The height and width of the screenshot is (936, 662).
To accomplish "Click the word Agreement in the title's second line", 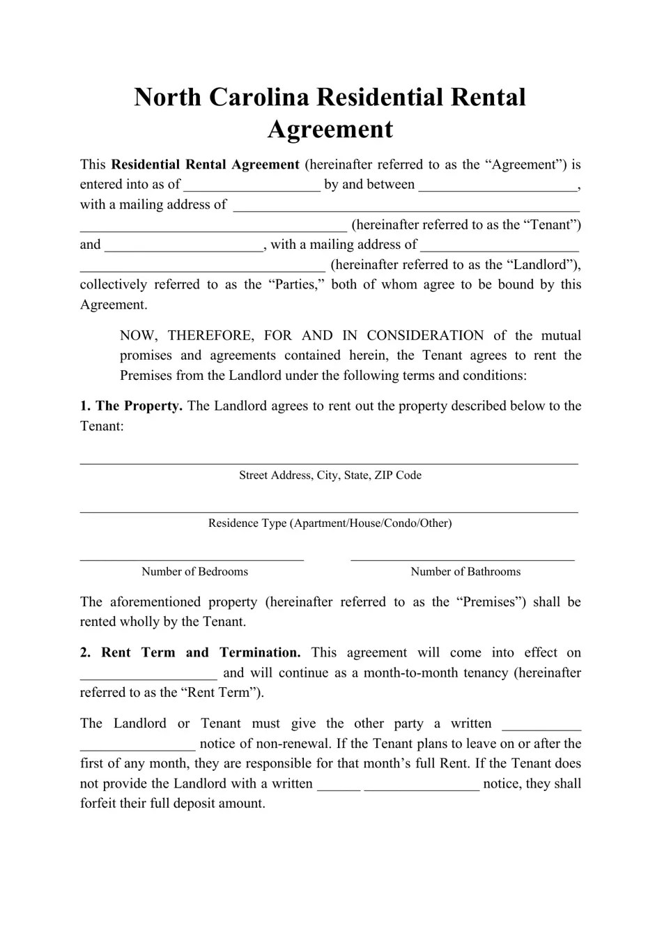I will click(330, 129).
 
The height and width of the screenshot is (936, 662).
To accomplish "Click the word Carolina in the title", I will click(255, 96).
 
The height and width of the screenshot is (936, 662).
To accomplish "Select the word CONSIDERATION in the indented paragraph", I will click(425, 335).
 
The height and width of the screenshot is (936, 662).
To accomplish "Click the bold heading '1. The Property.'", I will click(131, 406).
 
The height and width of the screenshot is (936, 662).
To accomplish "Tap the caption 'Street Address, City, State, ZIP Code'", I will click(330, 475).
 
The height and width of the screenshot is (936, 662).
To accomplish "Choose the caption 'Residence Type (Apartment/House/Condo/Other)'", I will click(330, 523).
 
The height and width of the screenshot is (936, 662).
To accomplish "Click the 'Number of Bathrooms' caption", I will click(465, 571).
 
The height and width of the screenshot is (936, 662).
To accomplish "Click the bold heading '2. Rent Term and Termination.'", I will click(190, 653).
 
